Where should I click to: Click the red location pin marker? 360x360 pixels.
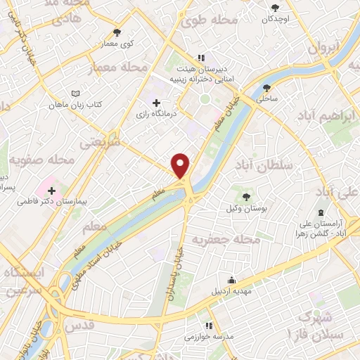pyautogui.click(x=181, y=165)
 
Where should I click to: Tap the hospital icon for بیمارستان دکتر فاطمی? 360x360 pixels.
pyautogui.click(x=51, y=190)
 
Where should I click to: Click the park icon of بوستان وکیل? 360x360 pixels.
pyautogui.click(x=246, y=196)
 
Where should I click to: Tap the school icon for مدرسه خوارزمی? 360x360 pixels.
pyautogui.click(x=208, y=326)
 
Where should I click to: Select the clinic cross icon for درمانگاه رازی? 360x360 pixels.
pyautogui.click(x=156, y=103)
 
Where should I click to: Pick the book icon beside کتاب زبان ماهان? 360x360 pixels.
pyautogui.click(x=76, y=93)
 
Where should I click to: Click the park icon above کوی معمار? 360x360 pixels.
pyautogui.click(x=117, y=32)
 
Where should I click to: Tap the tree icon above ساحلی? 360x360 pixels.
pyautogui.click(x=266, y=88)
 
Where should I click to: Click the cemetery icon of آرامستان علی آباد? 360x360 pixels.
pyautogui.click(x=321, y=212)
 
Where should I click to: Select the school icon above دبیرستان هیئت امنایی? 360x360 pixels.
pyautogui.click(x=201, y=58)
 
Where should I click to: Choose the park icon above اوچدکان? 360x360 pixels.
pyautogui.click(x=276, y=8)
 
